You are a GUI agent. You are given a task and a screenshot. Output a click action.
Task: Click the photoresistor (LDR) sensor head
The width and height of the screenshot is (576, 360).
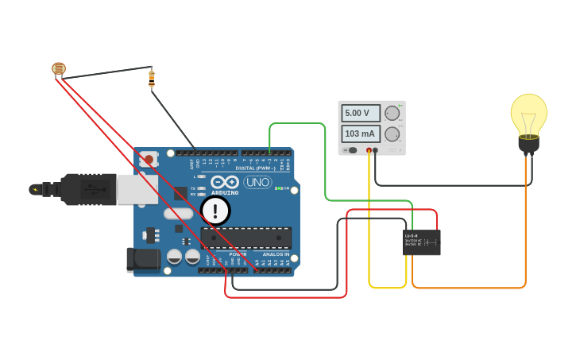(59, 68)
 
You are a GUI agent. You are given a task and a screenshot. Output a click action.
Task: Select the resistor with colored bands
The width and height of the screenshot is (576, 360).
(152, 78)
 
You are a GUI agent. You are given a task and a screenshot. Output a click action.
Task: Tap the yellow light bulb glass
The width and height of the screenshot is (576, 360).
(528, 114)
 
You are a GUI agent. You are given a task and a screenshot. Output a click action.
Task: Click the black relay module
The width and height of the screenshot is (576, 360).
(421, 242)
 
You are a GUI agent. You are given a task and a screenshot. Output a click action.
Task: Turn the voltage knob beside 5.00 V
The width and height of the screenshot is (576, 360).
(392, 113)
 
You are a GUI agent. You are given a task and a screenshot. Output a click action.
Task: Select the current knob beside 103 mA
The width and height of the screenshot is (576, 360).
(392, 134)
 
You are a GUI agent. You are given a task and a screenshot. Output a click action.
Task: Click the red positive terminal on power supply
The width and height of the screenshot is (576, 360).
(369, 149)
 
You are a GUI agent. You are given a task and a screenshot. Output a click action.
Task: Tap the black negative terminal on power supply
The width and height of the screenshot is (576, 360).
(376, 149)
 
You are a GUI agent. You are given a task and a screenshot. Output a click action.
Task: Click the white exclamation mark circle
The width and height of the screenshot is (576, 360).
(215, 211)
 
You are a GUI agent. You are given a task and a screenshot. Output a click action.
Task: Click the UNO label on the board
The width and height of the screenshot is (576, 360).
(257, 182)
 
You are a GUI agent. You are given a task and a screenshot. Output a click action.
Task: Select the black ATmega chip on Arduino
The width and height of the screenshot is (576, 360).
(245, 237)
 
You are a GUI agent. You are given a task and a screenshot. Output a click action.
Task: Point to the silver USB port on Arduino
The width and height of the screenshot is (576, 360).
(137, 189)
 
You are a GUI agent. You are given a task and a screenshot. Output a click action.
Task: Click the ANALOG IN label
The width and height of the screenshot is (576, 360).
(276, 254)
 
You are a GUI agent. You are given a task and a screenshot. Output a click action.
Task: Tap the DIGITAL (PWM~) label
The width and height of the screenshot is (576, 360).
(255, 168)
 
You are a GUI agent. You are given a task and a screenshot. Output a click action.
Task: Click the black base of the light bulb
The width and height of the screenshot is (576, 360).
(528, 145)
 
